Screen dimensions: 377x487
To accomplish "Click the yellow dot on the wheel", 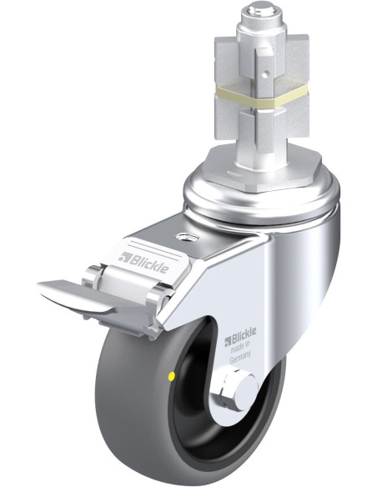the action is coord(171,377).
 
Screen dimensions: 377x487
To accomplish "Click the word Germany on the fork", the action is coord(240,357).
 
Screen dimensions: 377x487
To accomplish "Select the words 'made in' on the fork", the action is coord(239,347).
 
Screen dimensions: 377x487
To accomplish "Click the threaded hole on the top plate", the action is coord(187,237).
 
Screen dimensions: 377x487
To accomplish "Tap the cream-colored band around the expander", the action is coord(261,97).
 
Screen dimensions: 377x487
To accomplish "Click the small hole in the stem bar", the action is coord(264,74).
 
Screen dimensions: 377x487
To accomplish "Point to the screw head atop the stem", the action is coord(261,9).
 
